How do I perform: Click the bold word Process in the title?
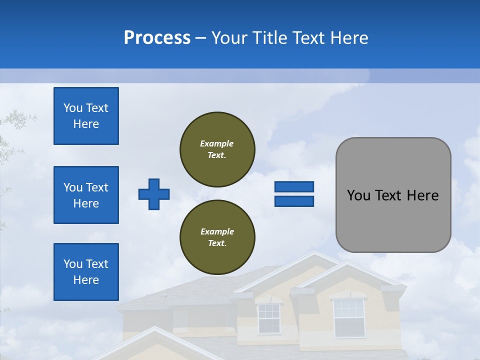(157, 38)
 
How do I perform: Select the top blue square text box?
(86, 116)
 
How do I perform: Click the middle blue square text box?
(86, 195)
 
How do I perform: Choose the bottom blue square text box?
(86, 272)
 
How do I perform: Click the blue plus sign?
(154, 194)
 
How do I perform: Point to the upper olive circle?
(217, 149)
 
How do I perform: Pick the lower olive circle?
(217, 237)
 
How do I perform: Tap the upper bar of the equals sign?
(294, 187)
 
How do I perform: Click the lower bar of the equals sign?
(294, 201)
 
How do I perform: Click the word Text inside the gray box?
(388, 195)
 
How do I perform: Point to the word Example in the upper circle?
(217, 143)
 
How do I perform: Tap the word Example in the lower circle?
(217, 231)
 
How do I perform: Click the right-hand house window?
(349, 317)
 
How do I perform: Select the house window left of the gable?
(268, 318)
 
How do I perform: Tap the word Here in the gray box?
(422, 195)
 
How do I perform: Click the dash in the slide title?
(200, 38)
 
